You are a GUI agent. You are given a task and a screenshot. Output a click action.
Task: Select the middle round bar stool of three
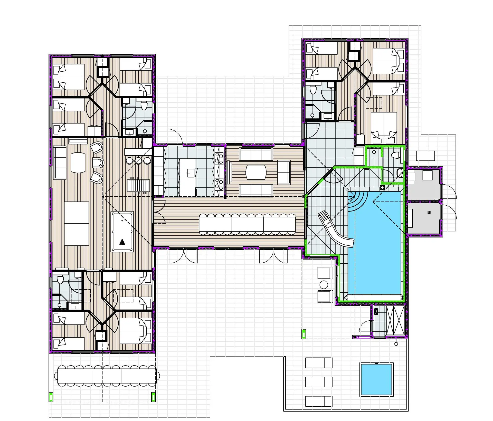click(138, 161)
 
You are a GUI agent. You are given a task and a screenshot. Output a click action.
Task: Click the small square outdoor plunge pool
click(376, 379)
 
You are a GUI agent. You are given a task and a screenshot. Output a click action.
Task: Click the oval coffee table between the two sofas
click(256, 172)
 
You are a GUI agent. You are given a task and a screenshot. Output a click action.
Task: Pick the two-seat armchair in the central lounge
click(284, 172)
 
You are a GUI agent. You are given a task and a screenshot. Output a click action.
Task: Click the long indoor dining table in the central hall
click(247, 224)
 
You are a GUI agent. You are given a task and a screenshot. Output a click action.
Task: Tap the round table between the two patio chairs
click(324, 285)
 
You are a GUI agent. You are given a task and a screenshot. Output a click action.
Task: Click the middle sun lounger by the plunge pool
click(319, 382)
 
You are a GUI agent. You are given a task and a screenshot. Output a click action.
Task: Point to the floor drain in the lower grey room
click(429, 212)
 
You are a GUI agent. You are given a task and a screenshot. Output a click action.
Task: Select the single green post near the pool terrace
click(304, 334)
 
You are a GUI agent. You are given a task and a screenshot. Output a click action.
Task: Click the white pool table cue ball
click(122, 220)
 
